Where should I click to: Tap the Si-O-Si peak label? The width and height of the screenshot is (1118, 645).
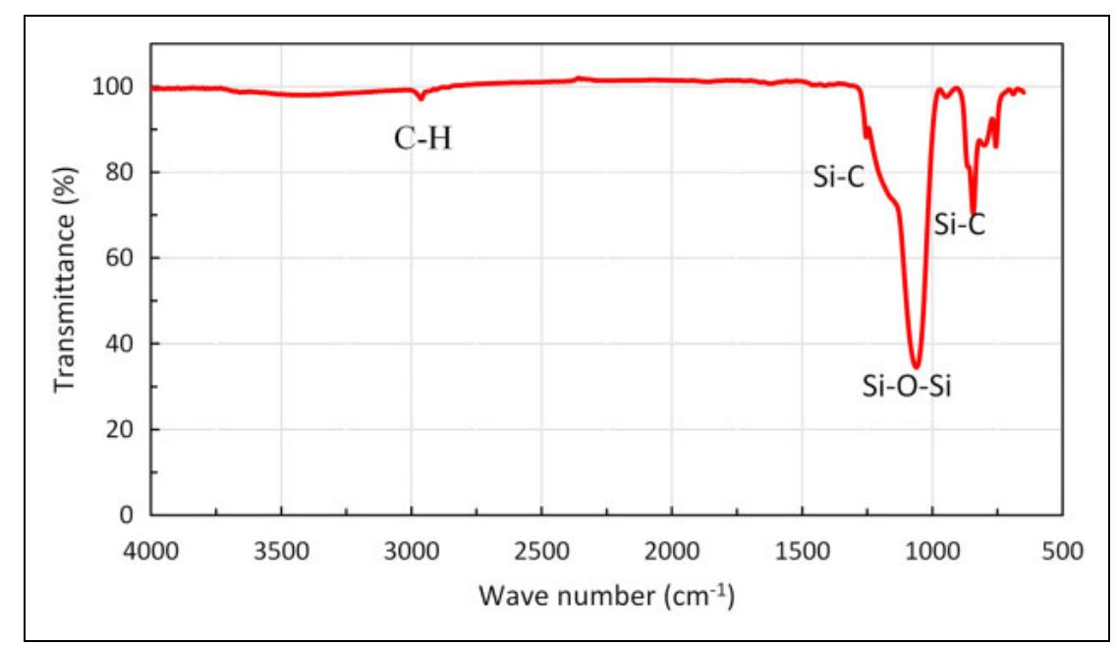pos(909,387)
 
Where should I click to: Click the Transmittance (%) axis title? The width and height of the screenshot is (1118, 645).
pos(66,299)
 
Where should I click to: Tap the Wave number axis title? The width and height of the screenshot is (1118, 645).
pos(607,595)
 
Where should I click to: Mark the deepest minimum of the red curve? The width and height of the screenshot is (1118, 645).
pos(916,366)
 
